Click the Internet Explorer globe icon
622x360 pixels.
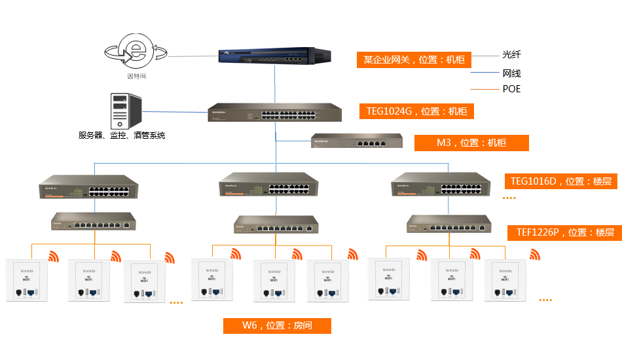136,52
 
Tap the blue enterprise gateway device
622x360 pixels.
273,56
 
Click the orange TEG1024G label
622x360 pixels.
416,111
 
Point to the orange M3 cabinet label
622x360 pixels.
471,142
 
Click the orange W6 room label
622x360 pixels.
277,325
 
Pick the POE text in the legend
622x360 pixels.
511,89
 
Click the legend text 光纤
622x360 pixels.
511,55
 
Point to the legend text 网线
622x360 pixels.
511,73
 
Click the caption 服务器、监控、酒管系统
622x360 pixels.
122,135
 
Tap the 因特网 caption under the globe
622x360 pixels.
136,77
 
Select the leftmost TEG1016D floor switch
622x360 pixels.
94,188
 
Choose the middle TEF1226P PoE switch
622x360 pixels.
277,226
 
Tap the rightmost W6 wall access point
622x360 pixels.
506,280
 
